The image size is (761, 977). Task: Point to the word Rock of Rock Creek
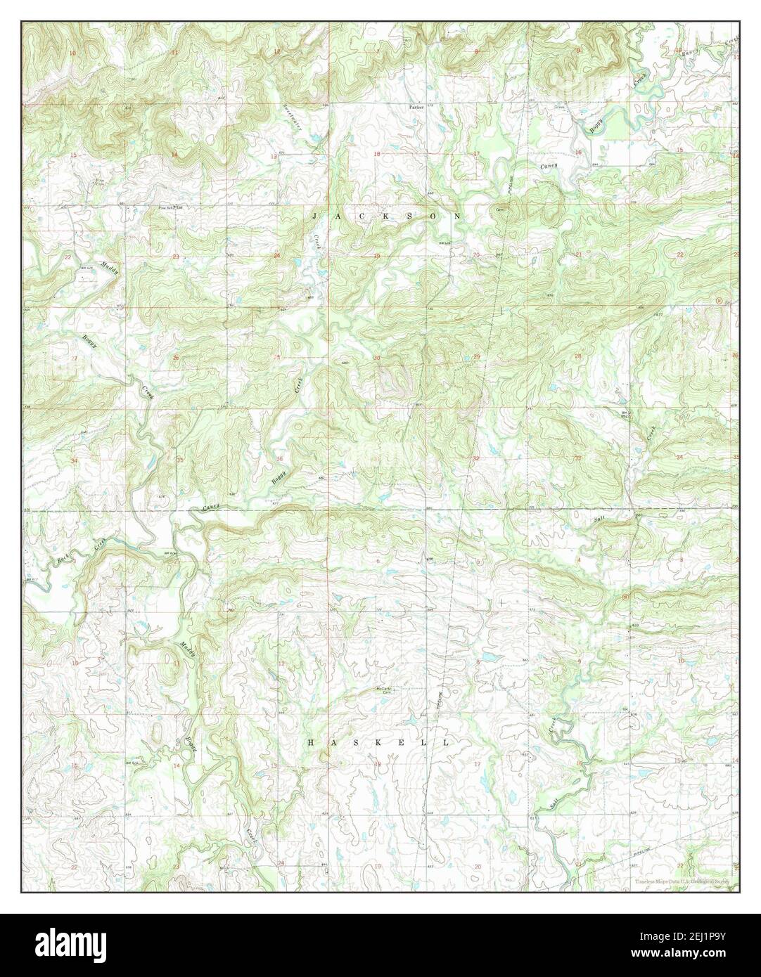click(x=63, y=560)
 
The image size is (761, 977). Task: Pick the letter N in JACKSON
click(x=458, y=216)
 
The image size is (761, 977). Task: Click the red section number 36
click(x=279, y=460)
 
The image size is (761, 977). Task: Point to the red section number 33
click(x=577, y=458)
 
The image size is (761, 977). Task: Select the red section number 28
click(x=578, y=357)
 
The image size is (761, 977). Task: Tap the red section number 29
click(x=477, y=357)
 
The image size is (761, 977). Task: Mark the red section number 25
click(x=277, y=358)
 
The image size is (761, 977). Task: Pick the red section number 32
click(x=477, y=458)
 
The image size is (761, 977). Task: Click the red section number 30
click(x=377, y=358)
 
